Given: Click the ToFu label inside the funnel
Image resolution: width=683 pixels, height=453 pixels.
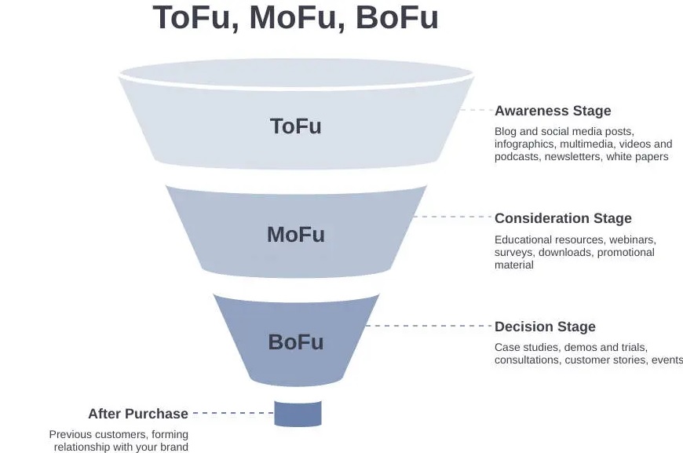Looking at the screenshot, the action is point(296,126).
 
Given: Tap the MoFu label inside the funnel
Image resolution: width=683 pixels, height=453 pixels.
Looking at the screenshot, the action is point(296,234).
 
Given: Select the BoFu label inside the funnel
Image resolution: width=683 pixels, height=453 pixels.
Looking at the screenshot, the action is point(296,342).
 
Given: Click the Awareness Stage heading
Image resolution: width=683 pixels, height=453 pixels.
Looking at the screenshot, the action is point(553,111).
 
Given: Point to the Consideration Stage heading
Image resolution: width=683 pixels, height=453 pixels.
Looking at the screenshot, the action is point(563,218).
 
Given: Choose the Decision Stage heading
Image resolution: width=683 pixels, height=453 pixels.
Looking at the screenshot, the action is point(545,327).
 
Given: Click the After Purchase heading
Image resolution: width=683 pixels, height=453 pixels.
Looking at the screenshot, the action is point(138,414).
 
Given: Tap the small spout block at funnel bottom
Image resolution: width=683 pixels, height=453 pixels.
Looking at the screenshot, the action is point(298,414).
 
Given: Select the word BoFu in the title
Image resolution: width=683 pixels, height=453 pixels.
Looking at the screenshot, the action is point(396,18).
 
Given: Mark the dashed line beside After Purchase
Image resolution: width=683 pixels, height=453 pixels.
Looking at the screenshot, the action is point(233,413).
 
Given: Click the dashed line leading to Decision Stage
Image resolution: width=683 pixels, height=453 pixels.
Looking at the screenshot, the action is point(429,326).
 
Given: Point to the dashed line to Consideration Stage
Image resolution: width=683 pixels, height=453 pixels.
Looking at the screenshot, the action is point(453,217).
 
